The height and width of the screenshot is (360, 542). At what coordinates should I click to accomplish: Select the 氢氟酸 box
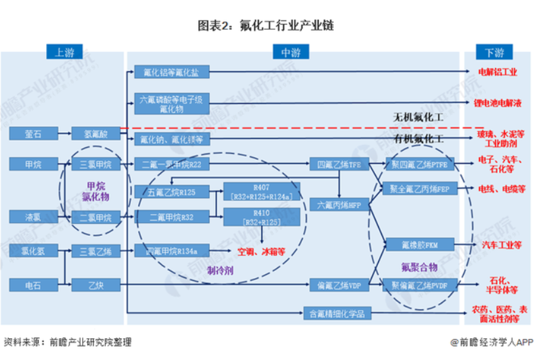95,134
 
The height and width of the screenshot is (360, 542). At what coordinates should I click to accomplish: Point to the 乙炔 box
95,285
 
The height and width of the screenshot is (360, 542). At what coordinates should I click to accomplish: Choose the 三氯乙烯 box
95,250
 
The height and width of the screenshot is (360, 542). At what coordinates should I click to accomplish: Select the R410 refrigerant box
261,217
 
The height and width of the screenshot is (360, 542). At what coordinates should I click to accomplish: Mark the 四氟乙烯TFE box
336,163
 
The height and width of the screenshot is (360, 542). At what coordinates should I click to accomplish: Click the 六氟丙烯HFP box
336,204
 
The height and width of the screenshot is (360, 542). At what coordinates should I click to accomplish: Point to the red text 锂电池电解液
498,103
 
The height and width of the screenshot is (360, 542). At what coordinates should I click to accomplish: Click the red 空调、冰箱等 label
262,251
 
